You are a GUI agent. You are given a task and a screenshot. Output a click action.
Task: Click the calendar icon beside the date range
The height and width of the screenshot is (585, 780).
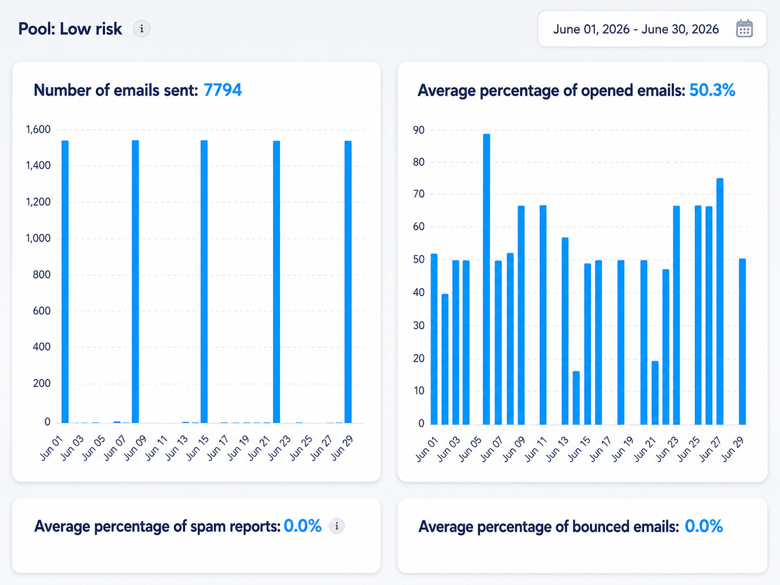coord(744,29)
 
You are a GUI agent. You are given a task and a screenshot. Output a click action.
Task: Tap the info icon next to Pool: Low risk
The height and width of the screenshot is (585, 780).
coord(142,29)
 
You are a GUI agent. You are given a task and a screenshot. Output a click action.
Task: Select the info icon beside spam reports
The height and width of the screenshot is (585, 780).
coord(337,526)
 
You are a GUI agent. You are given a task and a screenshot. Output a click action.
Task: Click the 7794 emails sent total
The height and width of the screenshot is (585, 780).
coord(223,90)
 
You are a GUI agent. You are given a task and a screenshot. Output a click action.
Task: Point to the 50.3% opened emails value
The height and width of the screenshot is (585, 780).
coord(712,90)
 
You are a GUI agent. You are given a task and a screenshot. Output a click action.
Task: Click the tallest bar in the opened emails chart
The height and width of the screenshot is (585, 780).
coord(486,279)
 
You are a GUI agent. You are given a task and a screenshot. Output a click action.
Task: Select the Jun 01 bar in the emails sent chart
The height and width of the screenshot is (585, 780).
coord(65,282)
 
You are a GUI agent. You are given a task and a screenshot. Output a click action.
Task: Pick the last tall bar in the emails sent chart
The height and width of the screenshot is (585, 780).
coord(348,282)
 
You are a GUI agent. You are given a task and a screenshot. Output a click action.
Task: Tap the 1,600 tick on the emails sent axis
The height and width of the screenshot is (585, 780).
coord(38,129)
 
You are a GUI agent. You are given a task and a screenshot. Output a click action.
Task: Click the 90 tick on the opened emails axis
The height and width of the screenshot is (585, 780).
coord(419,130)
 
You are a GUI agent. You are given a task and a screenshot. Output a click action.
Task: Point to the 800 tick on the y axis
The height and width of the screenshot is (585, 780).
coord(41,275)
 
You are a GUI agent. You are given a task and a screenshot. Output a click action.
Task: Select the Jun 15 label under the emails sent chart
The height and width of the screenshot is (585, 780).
coord(198,448)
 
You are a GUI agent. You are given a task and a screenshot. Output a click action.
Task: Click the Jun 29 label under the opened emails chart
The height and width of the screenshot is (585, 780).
coord(733,449)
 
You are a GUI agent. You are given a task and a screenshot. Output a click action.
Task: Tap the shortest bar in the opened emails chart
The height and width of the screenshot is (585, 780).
coord(576,398)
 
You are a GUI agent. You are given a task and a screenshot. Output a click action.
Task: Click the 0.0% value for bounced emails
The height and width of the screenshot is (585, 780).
coord(704,526)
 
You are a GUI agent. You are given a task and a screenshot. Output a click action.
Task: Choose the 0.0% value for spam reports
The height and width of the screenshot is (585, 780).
coord(302,526)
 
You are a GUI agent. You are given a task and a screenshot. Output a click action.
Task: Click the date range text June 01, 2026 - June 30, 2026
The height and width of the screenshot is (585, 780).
coord(636,29)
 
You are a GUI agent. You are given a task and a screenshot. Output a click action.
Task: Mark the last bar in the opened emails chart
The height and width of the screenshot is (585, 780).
coord(742,342)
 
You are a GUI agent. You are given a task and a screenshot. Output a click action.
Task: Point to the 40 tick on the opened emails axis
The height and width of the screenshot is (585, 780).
coord(419,292)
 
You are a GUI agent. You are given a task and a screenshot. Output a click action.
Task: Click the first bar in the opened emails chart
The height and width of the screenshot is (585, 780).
coord(434,339)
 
